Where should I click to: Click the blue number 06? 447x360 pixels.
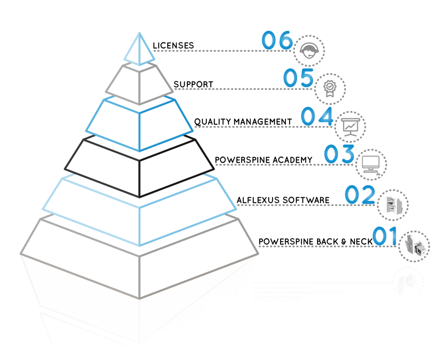click(277, 41)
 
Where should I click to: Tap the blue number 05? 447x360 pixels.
click(298, 78)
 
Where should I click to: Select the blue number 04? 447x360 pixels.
click(317, 117)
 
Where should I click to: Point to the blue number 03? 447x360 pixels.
click(339, 155)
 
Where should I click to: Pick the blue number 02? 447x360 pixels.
click(360, 194)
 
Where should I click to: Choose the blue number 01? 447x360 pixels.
click(385, 236)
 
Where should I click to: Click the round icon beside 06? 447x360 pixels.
click(310, 50)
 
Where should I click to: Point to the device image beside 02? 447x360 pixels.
click(391, 205)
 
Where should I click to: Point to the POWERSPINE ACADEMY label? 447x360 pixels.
click(263, 160)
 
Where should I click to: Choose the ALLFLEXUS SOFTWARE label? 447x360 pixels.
click(283, 199)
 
